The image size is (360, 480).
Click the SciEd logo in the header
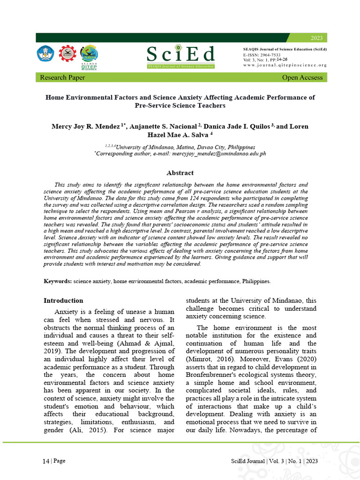[180, 56]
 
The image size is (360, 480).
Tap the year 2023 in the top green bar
[317, 37]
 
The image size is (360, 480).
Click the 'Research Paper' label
[63, 77]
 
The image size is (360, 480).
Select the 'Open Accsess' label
[302, 77]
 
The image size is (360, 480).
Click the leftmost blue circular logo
[45, 53]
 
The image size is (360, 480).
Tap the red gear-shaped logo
[67, 53]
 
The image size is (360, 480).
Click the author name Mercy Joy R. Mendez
[86, 126]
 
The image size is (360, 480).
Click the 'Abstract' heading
[180, 173]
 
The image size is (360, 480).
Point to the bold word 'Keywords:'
[58, 281]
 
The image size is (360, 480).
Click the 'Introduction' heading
[63, 300]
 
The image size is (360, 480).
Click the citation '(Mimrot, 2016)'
[207, 359]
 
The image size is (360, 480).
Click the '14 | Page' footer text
[54, 461]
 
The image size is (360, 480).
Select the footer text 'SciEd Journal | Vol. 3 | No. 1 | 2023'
[274, 461]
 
